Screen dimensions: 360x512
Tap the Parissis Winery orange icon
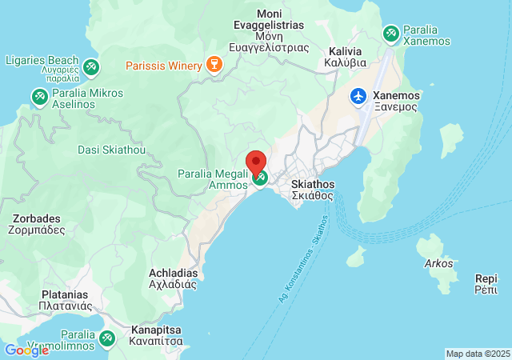tap(214, 64)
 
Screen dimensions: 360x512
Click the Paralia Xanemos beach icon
tap(391, 34)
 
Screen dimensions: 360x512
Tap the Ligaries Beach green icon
tap(91, 66)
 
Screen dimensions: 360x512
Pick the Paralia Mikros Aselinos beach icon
tap(38, 97)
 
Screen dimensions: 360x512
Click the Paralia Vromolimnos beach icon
tap(106, 338)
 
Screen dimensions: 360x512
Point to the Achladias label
tap(173, 278)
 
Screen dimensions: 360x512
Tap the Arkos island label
tap(438, 263)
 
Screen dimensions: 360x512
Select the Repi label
tap(486, 284)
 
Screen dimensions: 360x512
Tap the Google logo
tap(26, 350)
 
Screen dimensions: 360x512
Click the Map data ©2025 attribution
tap(477, 354)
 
